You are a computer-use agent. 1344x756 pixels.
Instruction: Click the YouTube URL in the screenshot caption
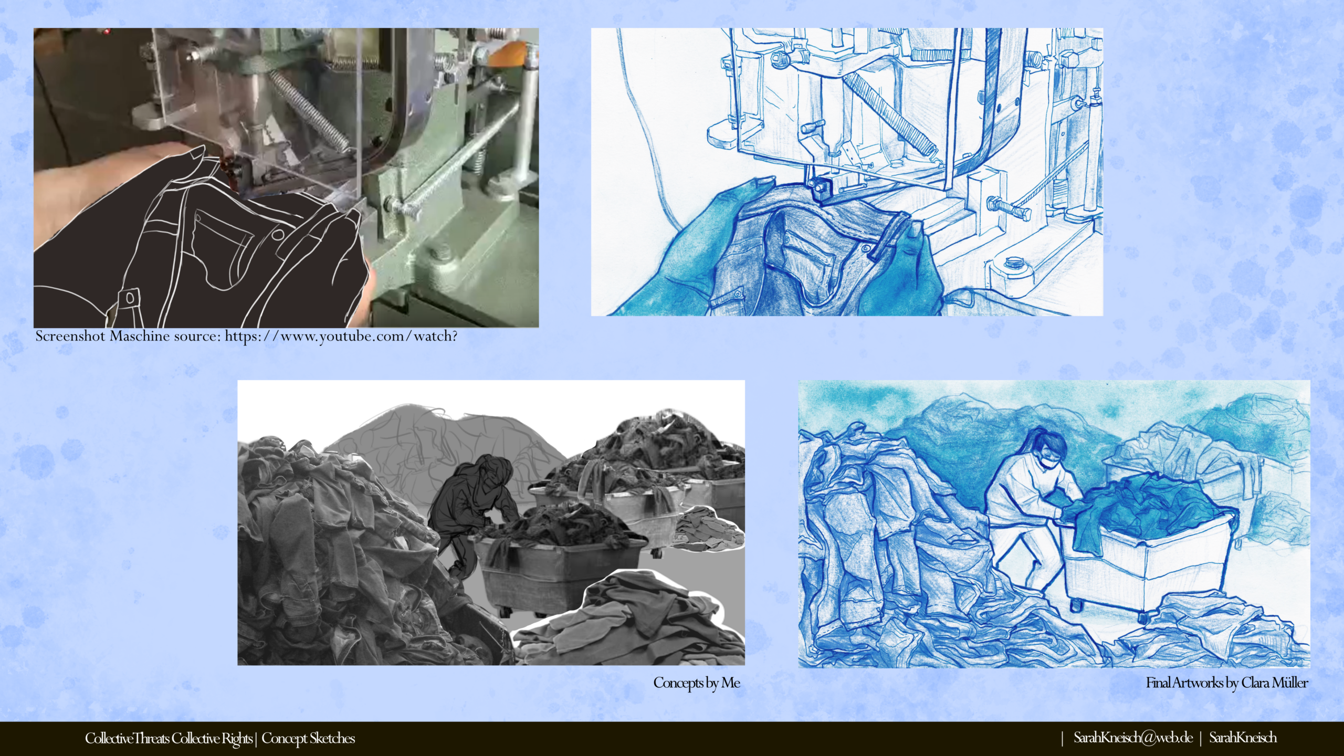[341, 336]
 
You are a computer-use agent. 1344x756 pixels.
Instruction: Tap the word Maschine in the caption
[140, 336]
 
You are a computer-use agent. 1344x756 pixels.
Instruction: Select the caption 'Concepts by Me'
[697, 682]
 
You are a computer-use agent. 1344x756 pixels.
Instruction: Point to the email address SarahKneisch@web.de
[1133, 738]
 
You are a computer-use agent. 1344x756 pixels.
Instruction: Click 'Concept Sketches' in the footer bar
[308, 738]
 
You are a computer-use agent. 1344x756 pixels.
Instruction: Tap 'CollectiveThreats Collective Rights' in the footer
[169, 738]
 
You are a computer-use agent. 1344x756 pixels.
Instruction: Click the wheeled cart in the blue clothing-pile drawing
[1144, 551]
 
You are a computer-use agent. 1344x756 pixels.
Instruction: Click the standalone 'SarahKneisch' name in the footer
[1243, 738]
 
